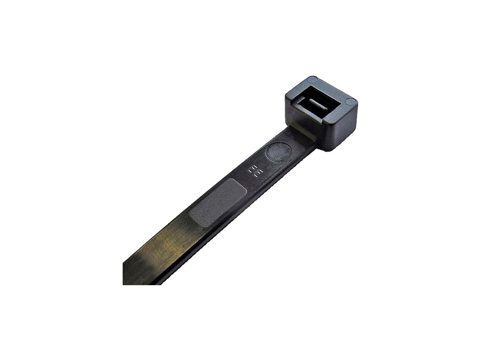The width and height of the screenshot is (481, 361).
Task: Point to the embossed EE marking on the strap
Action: click(254, 171)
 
